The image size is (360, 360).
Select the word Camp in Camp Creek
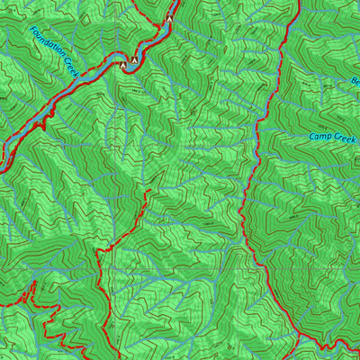click(x=319, y=137)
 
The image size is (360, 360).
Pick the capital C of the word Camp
click(x=312, y=137)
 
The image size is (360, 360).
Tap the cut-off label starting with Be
click(x=354, y=82)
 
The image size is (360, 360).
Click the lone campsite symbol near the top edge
click(x=168, y=18)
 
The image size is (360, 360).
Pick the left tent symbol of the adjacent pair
click(x=123, y=65)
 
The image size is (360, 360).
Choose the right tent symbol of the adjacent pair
click(x=135, y=60)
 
